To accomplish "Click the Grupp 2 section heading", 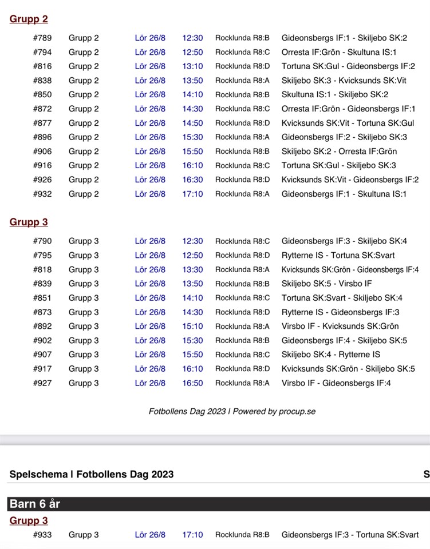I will (x=29, y=19).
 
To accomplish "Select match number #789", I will (x=42, y=38).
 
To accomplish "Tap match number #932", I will (x=42, y=194).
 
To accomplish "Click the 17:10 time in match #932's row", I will (x=192, y=194).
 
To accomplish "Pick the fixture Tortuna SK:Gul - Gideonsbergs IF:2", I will (x=348, y=66).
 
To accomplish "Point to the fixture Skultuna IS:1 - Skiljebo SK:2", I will (x=334, y=95).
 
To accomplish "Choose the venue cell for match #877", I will (x=242, y=123).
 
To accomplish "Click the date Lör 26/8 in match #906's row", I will (x=150, y=152).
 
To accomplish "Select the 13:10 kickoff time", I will (x=192, y=66).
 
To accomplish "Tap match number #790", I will (x=42, y=241).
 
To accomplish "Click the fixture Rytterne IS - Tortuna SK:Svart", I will (x=338, y=256).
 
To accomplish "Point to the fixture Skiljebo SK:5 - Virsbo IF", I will (x=326, y=284).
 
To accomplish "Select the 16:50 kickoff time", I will (x=192, y=383).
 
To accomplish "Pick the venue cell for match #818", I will (x=242, y=270).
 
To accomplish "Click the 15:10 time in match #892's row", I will (x=192, y=327).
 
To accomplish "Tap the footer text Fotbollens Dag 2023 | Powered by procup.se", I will (x=232, y=411).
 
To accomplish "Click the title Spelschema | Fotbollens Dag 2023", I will (x=92, y=474).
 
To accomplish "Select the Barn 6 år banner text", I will (x=35, y=504).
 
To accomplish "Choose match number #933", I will (x=42, y=535).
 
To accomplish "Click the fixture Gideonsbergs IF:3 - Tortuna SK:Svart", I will (x=350, y=535).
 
